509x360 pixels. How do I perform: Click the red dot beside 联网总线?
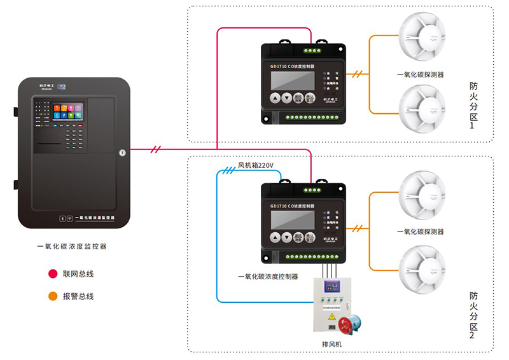tap(53, 274)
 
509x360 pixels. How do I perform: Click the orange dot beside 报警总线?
tap(53, 296)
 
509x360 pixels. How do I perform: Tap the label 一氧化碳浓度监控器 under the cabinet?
tap(71, 246)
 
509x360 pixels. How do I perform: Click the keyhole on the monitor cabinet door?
tap(122, 152)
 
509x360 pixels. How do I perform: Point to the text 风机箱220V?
tap(255, 166)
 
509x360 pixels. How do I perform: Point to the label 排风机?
tap(331, 344)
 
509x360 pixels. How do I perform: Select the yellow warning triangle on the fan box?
tap(331, 316)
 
